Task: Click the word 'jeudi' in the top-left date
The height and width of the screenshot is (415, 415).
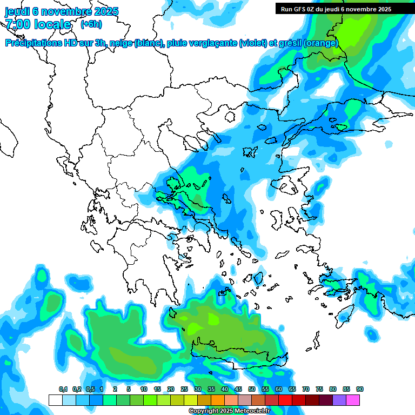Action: pos(18,11)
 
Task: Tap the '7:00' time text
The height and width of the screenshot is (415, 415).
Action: pos(19,24)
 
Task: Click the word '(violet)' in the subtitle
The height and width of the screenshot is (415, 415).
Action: pos(253,43)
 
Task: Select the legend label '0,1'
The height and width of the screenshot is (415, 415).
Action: pos(63,390)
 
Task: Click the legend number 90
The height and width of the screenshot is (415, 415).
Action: pos(360,390)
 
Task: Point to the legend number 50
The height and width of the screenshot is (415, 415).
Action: pos(252,390)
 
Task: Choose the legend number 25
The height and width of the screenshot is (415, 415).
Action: pos(184,390)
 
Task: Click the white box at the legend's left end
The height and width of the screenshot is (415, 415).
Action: pos(55,400)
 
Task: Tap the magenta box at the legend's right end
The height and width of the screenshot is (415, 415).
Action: pos(353,400)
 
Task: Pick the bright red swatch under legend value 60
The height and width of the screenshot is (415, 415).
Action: pos(285,400)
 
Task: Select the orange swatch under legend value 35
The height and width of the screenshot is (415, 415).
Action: pos(218,400)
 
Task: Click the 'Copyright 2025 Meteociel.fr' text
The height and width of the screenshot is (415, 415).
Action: pos(229,411)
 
